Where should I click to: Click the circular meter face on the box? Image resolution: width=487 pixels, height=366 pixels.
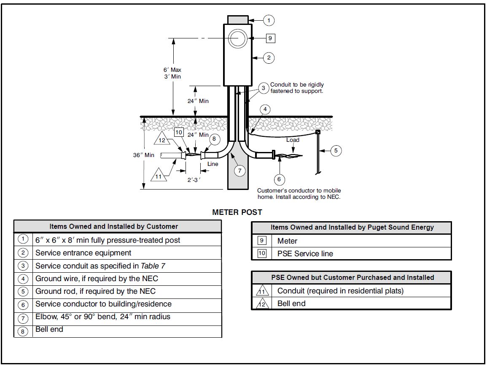(237, 39)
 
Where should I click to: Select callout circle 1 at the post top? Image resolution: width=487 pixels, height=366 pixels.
(269, 20)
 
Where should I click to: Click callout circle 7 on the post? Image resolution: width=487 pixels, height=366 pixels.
(239, 171)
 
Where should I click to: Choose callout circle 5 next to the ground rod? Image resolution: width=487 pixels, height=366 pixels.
(336, 151)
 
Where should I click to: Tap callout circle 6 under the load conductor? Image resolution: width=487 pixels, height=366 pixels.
(279, 179)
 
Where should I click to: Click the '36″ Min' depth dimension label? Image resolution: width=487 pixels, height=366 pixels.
(144, 155)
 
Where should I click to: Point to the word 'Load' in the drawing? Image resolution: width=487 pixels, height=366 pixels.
(293, 140)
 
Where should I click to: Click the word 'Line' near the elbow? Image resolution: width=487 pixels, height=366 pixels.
(213, 164)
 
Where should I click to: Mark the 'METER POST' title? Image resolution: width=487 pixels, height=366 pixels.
(237, 212)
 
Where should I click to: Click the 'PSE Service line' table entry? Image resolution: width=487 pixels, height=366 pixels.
(305, 254)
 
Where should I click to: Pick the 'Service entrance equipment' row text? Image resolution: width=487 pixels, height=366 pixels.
(83, 253)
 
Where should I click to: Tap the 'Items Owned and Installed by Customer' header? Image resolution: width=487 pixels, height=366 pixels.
(113, 226)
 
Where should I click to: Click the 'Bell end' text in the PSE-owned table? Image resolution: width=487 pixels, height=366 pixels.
(291, 304)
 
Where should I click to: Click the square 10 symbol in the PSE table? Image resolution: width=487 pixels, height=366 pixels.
(262, 254)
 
